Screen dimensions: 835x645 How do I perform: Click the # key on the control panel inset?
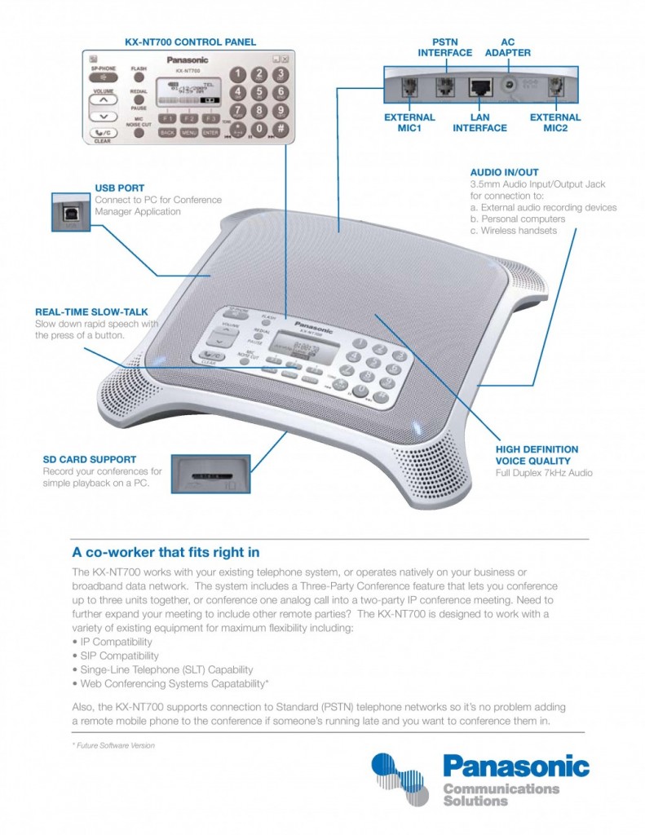click(279, 129)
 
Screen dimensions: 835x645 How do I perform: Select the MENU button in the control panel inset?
click(189, 131)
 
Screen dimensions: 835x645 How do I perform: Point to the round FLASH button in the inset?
click(139, 78)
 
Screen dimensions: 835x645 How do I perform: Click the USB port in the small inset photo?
click(70, 211)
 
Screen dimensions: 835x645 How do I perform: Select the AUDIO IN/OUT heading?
click(504, 173)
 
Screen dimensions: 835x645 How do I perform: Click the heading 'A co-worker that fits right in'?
click(166, 552)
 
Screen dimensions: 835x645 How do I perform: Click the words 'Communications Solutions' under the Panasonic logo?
click(501, 795)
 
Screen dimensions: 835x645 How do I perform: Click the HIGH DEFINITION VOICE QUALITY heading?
click(537, 454)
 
